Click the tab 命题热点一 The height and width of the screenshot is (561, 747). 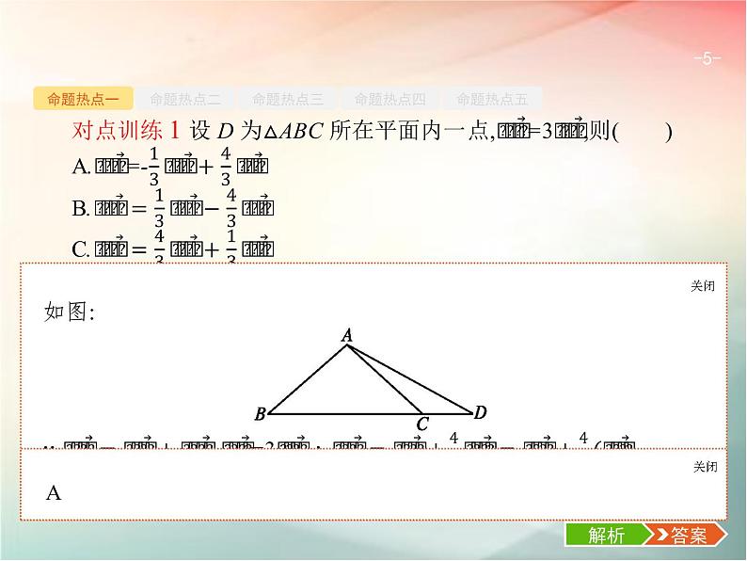pos(82,98)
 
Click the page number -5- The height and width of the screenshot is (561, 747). pos(707,59)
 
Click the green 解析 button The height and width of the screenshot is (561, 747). pos(606,536)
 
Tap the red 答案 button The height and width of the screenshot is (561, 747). pos(684,536)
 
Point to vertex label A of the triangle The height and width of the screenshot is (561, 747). pos(346,334)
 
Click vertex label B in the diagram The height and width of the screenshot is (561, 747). pos(261,413)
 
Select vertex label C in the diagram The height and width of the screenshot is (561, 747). pos(422,425)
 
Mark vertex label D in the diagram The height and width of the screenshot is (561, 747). pos(480,412)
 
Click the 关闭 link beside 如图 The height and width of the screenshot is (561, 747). pos(703,286)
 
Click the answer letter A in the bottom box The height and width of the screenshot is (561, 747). pos(53,492)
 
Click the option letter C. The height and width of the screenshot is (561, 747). pos(79,249)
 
